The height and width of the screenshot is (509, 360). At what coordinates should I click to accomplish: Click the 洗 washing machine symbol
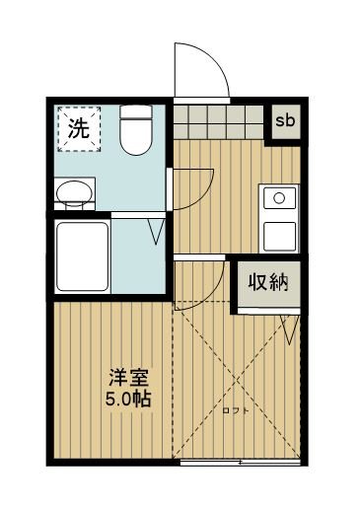coord(76,126)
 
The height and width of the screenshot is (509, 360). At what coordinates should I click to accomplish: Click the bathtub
coord(81,256)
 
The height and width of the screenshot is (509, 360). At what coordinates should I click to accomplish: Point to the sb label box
coord(285,120)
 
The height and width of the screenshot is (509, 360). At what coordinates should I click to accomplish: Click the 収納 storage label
coord(266,284)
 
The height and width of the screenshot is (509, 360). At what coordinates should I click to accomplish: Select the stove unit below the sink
coord(280,236)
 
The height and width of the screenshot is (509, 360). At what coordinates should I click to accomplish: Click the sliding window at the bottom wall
coord(241,460)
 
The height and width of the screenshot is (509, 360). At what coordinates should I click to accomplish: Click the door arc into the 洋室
coord(203,281)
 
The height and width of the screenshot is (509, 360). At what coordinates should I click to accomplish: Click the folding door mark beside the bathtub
coord(154,233)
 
